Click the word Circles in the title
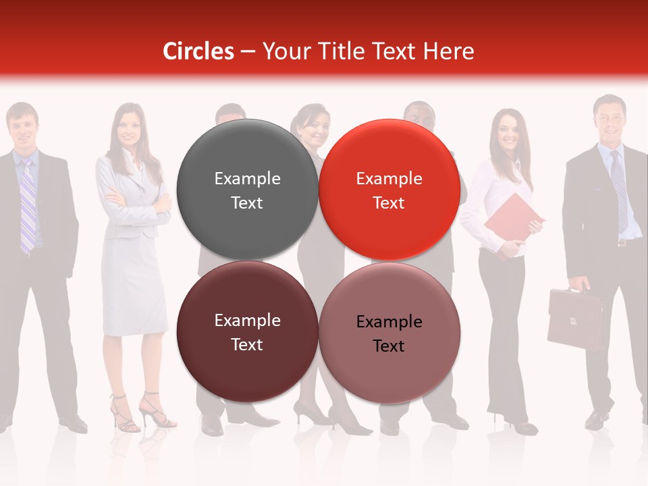[x=198, y=51]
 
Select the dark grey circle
[x=247, y=190]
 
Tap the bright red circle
[x=389, y=190]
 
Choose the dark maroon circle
[x=247, y=331]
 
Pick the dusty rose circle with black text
[x=389, y=333]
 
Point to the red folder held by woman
[x=513, y=218]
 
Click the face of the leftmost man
[x=22, y=127]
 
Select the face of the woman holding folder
[x=508, y=131]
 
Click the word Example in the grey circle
[x=247, y=178]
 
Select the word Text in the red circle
[x=389, y=202]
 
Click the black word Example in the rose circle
[x=389, y=322]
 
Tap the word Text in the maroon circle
[x=247, y=344]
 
